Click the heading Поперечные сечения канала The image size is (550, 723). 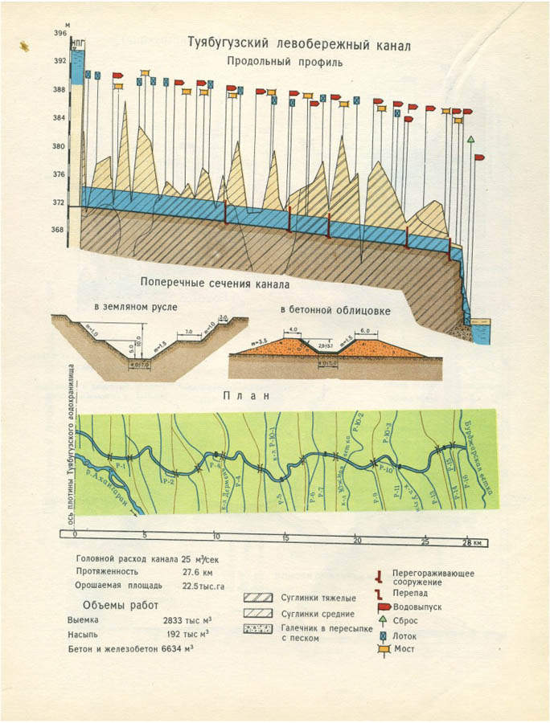pos(214,284)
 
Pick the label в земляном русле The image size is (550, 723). pos(135,307)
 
